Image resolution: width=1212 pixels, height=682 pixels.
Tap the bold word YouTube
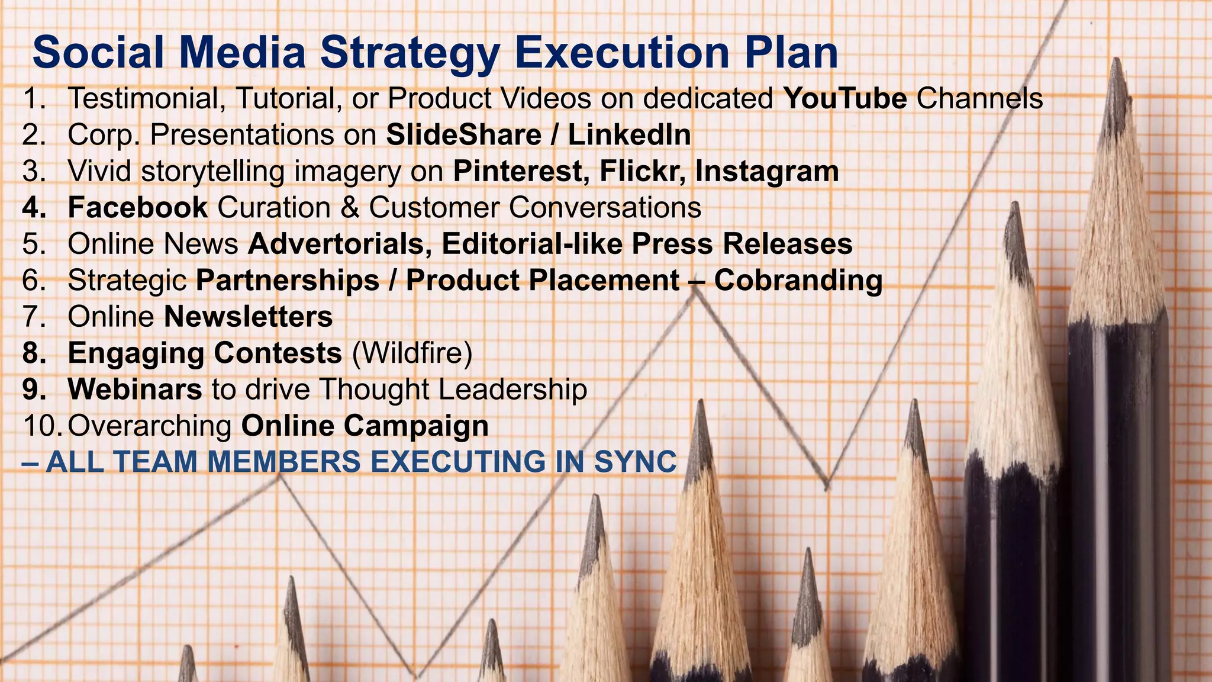coord(844,98)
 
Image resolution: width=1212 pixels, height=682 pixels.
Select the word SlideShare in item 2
coord(463,135)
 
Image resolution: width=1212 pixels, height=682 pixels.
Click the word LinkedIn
coord(630,135)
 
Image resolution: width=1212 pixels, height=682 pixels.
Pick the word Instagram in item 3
coord(767,172)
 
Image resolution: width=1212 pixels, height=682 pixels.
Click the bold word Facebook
coord(138,208)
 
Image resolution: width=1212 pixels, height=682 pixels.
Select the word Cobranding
coord(798,281)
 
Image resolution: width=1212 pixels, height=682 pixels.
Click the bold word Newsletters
coord(249,317)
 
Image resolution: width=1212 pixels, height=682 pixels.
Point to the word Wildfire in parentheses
coord(412,353)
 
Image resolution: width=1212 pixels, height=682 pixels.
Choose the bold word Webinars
coord(135,390)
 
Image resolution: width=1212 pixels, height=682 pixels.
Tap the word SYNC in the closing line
coord(635,462)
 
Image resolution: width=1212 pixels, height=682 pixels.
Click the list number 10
coord(41,426)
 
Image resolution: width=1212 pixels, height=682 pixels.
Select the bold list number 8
coord(34,353)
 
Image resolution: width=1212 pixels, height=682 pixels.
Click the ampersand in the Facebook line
coord(350,208)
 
